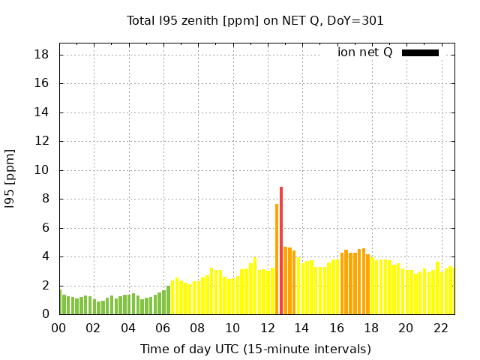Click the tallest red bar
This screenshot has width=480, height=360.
coord(281,250)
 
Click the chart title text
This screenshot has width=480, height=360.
coord(255,21)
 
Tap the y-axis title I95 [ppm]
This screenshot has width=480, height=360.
coord(10,178)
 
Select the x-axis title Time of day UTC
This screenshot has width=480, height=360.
coord(255,349)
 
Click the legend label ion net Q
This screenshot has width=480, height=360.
coord(365,52)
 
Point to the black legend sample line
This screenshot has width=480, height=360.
coord(420,52)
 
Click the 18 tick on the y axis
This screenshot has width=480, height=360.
coord(42,55)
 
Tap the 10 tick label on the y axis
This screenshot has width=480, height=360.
coord(42,170)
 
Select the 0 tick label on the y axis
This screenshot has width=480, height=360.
coord(46,314)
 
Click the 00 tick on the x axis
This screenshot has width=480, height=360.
coord(59,328)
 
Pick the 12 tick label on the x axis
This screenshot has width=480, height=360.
coord(267,328)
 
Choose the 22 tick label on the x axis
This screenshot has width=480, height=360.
coord(440,328)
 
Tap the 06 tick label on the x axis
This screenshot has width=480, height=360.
coord(163,328)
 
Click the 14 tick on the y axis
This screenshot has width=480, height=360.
coord(42,112)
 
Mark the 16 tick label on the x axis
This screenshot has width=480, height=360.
coord(337,328)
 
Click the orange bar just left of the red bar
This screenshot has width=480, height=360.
coord(277,259)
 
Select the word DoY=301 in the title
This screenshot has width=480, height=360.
coord(355,21)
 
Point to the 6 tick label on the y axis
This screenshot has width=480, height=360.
coord(46,228)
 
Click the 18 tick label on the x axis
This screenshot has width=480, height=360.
coord(371,328)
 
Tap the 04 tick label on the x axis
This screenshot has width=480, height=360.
coord(128,328)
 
